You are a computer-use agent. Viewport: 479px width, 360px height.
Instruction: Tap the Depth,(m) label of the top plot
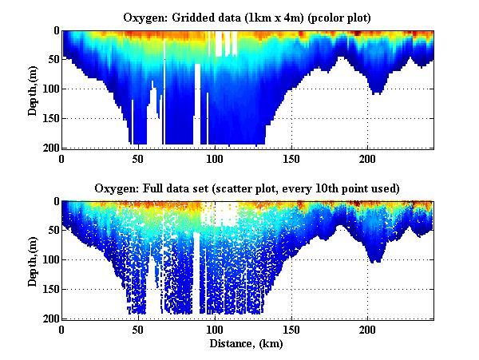[33, 89]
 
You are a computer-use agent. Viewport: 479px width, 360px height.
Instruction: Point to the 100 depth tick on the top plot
[49, 89]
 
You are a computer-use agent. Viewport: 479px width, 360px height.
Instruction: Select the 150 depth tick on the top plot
[49, 118]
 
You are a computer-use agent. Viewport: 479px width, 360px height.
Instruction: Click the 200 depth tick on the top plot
[49, 148]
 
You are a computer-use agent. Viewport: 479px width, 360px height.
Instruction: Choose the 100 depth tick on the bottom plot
[49, 259]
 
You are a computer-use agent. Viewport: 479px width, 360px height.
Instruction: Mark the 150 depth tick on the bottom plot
[49, 289]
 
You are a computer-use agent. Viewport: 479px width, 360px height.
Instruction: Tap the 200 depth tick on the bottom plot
[49, 318]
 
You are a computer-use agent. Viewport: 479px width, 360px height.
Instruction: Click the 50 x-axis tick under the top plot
[138, 158]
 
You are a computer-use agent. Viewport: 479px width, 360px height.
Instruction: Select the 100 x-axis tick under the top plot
[215, 158]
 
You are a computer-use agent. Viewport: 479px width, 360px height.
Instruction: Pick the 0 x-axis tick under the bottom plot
[62, 329]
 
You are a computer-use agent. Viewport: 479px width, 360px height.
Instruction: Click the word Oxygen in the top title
[144, 17]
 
